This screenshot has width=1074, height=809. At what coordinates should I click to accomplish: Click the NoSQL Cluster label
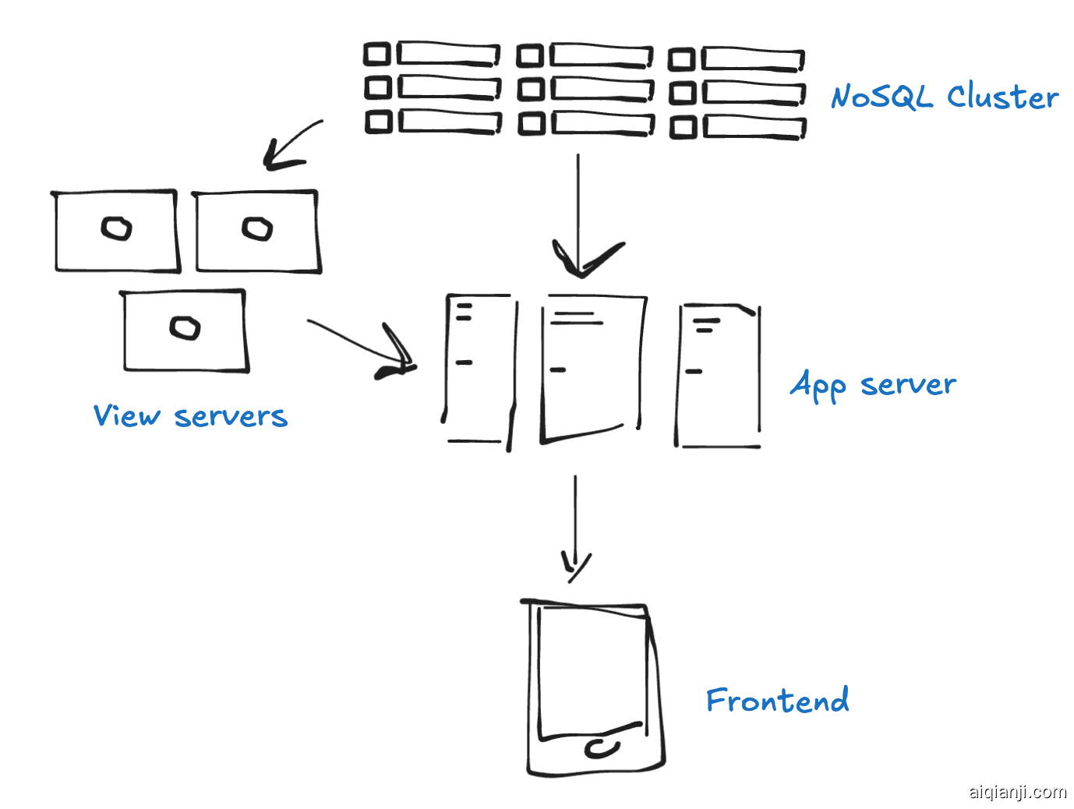[944, 97]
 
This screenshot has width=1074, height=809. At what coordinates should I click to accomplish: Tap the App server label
[873, 385]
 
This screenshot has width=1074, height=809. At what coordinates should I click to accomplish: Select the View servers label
[190, 416]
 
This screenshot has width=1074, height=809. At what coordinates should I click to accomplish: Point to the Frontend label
[777, 701]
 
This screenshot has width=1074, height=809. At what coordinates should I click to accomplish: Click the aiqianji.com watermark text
[1017, 792]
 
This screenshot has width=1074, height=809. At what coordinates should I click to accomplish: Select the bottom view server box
[185, 330]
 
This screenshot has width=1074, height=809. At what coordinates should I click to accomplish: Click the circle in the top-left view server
[117, 228]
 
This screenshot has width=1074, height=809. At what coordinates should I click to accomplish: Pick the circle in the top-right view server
[257, 228]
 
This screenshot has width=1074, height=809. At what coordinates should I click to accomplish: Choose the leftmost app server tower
[479, 369]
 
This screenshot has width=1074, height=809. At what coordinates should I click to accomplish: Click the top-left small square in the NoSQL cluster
[377, 54]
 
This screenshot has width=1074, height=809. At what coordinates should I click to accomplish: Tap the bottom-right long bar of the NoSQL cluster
[754, 127]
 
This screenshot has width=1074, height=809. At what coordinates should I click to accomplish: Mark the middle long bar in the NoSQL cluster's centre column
[602, 89]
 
